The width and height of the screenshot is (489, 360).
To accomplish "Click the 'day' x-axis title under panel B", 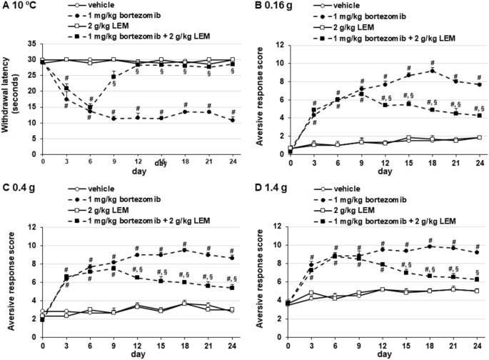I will coord(385,171).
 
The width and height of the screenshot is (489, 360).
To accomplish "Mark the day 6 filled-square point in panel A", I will coord(90,108).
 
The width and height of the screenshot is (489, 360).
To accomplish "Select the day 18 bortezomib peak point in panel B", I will coord(432,70).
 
